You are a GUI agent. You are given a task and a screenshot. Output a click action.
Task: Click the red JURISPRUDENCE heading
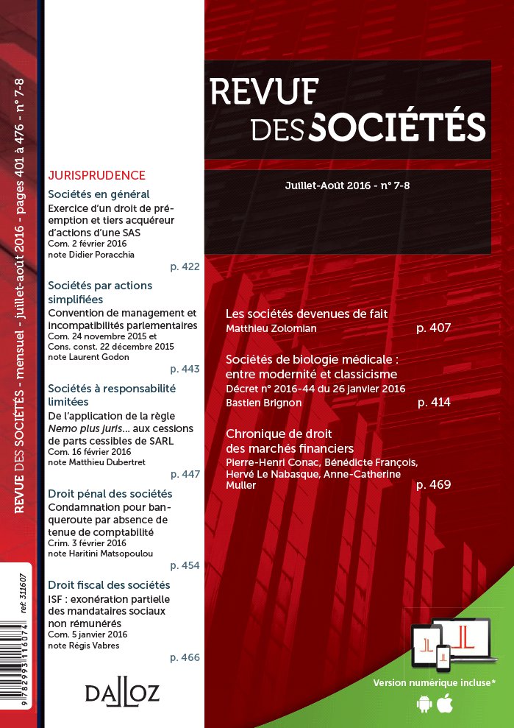(96, 176)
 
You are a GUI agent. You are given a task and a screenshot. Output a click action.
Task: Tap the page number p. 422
(185, 266)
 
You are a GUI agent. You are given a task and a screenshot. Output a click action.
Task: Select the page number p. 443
(185, 368)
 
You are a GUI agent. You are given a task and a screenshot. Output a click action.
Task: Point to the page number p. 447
(185, 474)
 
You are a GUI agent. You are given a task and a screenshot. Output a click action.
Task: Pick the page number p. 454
(185, 565)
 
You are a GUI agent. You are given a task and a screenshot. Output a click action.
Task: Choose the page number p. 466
(185, 657)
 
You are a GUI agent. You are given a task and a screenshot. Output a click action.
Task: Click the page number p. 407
(433, 328)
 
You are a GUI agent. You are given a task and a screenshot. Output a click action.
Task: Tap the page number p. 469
(433, 484)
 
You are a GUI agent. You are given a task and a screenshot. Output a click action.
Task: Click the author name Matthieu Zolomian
(271, 328)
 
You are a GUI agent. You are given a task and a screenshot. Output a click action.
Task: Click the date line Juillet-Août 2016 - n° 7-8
(347, 185)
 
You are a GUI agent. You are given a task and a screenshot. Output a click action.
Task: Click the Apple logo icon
(443, 704)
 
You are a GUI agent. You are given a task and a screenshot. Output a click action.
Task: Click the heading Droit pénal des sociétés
(110, 493)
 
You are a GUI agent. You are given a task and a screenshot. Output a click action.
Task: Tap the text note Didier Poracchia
(94, 254)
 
